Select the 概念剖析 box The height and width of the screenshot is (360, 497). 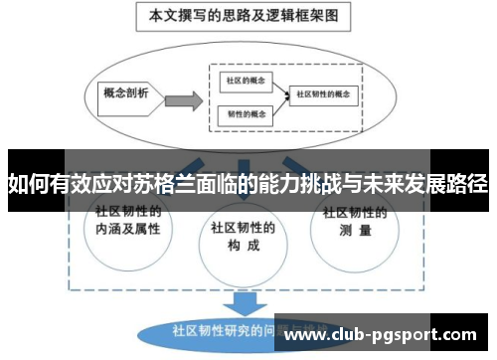126,94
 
